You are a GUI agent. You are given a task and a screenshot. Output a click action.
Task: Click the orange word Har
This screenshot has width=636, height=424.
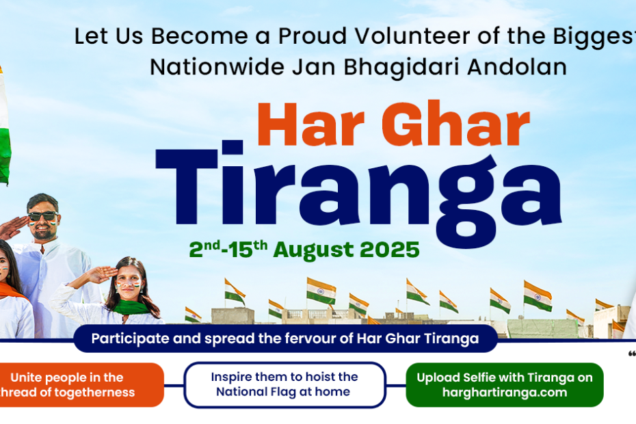pyautogui.click(x=310, y=124)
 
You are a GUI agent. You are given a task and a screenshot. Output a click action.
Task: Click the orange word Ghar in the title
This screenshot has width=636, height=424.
pyautogui.click(x=455, y=123)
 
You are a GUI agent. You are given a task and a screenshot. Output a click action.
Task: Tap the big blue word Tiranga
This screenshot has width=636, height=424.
pyautogui.click(x=358, y=194)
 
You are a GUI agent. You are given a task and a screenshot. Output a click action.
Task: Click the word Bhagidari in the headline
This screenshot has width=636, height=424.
pyautogui.click(x=401, y=68)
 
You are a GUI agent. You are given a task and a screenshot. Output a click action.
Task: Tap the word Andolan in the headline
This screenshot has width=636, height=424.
pyautogui.click(x=517, y=67)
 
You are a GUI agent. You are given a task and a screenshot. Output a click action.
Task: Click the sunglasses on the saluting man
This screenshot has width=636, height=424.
pyautogui.click(x=42, y=216)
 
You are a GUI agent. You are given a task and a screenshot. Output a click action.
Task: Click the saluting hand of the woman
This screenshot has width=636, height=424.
pyautogui.click(x=101, y=274)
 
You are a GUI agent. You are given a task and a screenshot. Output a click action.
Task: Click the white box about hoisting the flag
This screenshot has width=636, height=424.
pyautogui.click(x=284, y=384)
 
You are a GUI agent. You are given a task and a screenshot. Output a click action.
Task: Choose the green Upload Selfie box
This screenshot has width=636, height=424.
pyautogui.click(x=505, y=384)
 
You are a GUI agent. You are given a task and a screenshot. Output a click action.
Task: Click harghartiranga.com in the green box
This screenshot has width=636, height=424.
pyautogui.click(x=505, y=393)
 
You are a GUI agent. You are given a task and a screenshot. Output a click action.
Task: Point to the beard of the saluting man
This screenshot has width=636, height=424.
pyautogui.click(x=43, y=233)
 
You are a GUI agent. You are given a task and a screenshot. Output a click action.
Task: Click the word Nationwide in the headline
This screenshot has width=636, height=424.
pyautogui.click(x=217, y=67)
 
